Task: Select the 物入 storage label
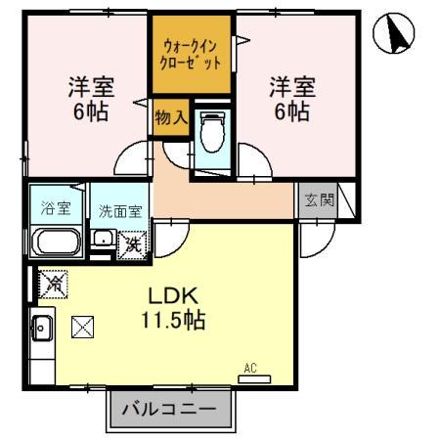[x=172, y=117]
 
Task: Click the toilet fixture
[x=209, y=129]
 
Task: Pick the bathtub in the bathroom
[x=57, y=241]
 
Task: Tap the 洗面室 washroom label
[x=119, y=208]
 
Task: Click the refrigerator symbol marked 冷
[x=53, y=285]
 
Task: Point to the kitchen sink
[x=41, y=328]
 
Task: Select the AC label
[x=249, y=368]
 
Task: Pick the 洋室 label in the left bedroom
[x=90, y=86]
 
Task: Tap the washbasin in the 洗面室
[x=101, y=239]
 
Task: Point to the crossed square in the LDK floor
[x=83, y=326]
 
